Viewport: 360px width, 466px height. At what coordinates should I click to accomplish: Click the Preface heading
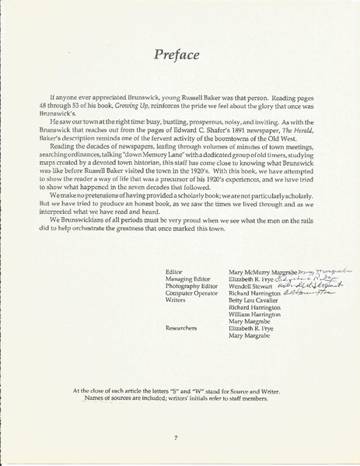pos(180,55)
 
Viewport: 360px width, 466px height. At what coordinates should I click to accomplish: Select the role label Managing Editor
pos(183,279)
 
